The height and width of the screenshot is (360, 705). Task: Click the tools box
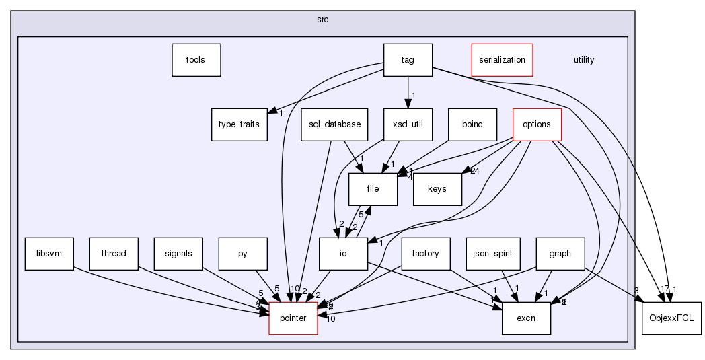(196, 60)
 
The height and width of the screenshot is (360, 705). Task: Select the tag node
(408, 60)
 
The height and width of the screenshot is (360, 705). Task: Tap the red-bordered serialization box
(502, 60)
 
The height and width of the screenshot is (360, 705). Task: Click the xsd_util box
(408, 124)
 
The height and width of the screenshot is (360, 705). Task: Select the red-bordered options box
(537, 124)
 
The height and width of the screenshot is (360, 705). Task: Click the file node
(373, 189)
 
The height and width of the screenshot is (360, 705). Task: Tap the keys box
(437, 189)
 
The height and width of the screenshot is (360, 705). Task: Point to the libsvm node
(48, 254)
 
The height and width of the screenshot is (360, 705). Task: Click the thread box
(113, 254)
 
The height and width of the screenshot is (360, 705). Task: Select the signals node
(178, 254)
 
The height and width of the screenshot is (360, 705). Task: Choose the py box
(243, 254)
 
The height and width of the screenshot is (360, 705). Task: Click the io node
(343, 254)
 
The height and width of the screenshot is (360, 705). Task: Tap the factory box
(426, 254)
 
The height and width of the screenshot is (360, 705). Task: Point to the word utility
(583, 60)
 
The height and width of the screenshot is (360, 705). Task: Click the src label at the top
(323, 20)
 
